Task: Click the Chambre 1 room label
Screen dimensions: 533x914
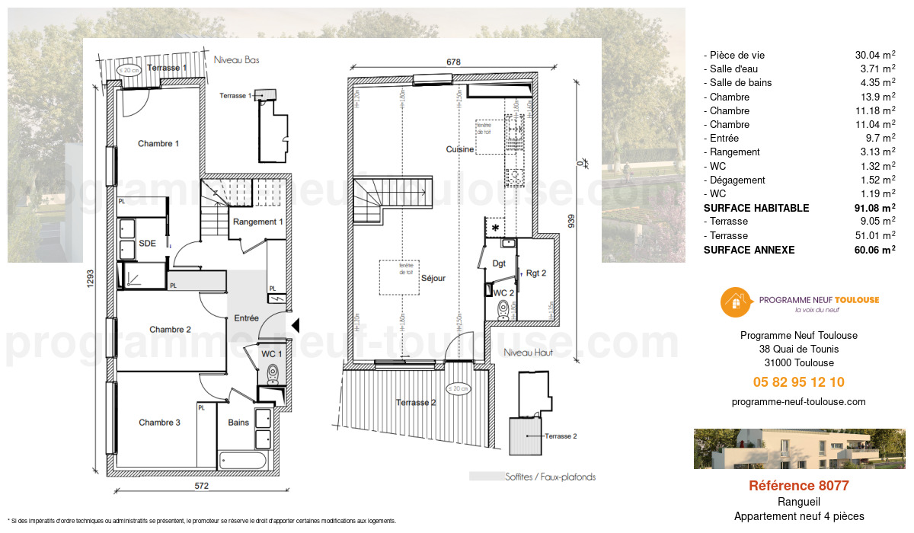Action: click(x=158, y=143)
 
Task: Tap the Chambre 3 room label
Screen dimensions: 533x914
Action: click(x=159, y=422)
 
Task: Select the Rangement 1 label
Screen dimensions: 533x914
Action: click(x=258, y=222)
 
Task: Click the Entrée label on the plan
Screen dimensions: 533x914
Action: click(x=246, y=318)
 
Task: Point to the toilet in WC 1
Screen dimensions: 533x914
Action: click(x=273, y=373)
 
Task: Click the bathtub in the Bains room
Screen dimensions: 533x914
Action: click(x=242, y=461)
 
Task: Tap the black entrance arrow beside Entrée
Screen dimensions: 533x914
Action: click(x=296, y=326)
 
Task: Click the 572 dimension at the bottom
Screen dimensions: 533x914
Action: click(x=201, y=485)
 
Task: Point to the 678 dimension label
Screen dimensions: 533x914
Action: click(x=453, y=62)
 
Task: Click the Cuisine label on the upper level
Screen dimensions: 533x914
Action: click(x=460, y=149)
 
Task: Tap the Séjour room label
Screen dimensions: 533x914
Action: click(x=433, y=278)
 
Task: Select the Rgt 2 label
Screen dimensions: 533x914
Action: click(x=536, y=273)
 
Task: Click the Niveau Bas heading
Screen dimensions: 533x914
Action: click(x=237, y=59)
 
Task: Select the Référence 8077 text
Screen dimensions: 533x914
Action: click(x=798, y=486)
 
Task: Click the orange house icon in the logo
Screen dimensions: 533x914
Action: click(x=734, y=302)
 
